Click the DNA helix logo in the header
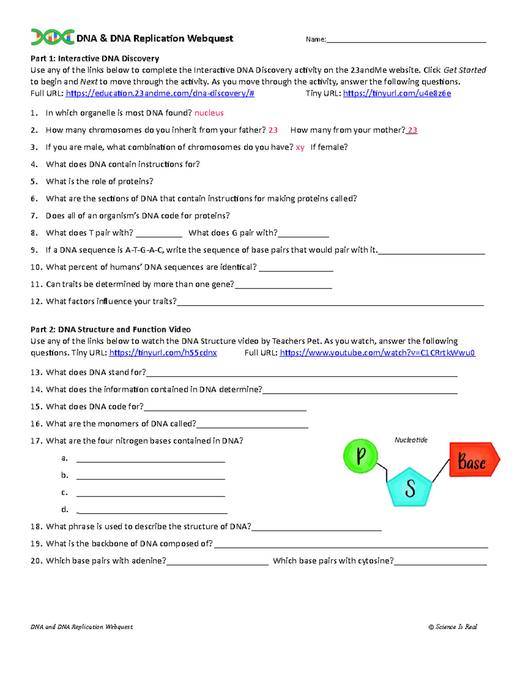click(x=52, y=37)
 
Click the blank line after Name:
click(x=406, y=40)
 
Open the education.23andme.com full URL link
click(x=160, y=93)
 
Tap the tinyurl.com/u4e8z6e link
click(x=397, y=93)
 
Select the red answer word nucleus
click(x=209, y=113)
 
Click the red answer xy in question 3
click(x=300, y=147)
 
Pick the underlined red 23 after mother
click(x=412, y=130)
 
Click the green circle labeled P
click(x=361, y=456)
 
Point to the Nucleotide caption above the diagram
click(x=411, y=440)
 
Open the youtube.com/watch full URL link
click(x=377, y=353)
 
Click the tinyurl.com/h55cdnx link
click(x=163, y=353)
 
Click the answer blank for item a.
click(x=150, y=459)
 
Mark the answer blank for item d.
click(x=152, y=510)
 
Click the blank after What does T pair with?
click(x=159, y=234)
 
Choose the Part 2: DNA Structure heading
click(x=110, y=329)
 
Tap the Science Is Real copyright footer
click(x=452, y=627)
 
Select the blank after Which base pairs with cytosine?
click(x=440, y=562)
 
